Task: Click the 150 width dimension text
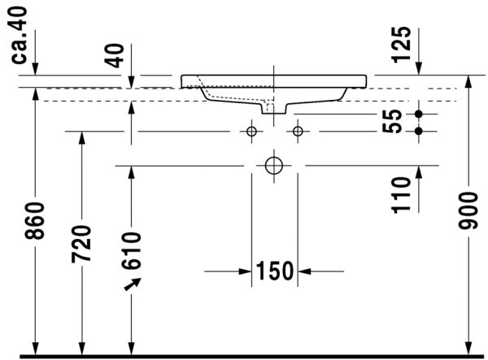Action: tap(274, 271)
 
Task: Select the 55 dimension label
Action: tap(394, 122)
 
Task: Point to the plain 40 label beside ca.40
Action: tap(115, 55)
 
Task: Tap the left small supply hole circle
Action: tap(251, 130)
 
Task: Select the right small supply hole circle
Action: tap(298, 130)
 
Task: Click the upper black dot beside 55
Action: tap(420, 114)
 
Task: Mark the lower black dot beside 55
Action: tap(420, 130)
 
